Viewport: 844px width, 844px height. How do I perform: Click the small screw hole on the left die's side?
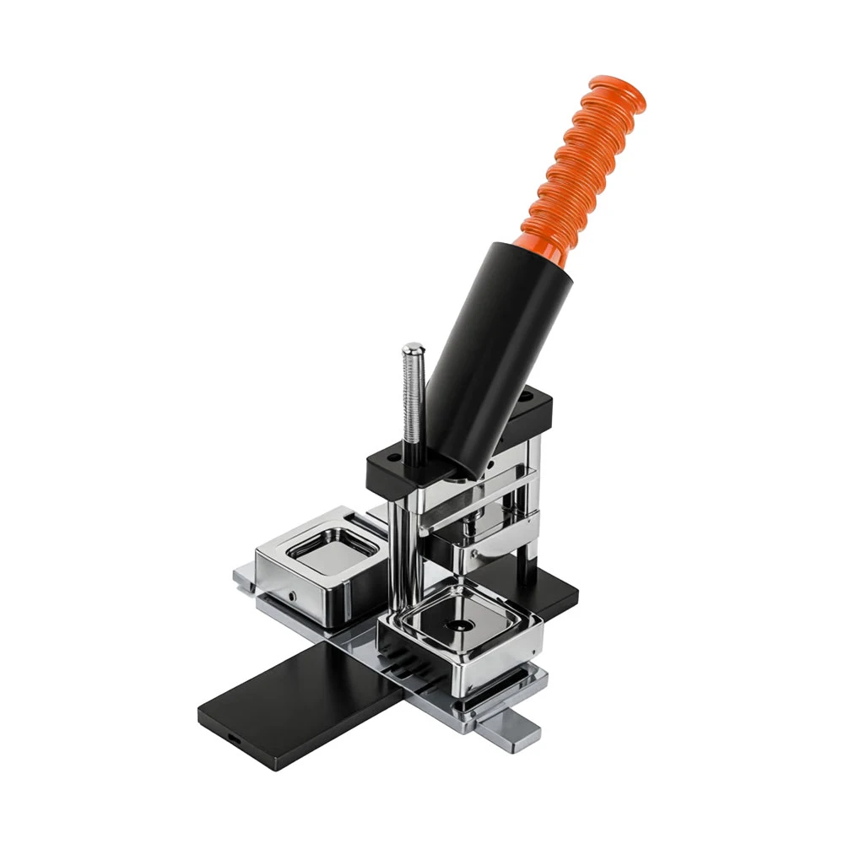tap(291, 596)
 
